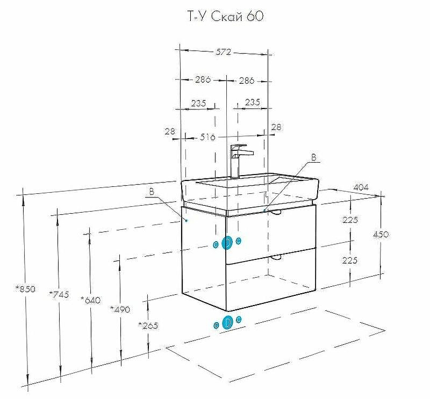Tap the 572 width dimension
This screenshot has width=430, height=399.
point(224,52)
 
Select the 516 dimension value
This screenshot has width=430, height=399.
point(207,137)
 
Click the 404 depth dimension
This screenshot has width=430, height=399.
point(361,187)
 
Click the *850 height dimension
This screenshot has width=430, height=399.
point(25,289)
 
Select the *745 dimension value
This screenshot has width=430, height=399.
point(59,294)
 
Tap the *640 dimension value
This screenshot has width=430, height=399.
point(90,300)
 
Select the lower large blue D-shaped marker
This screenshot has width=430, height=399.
point(227,322)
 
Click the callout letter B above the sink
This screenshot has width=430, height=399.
point(313,158)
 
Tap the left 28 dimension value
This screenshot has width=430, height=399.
point(170,131)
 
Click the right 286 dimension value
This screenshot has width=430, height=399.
point(246,81)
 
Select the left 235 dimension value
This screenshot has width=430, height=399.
point(199,103)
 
